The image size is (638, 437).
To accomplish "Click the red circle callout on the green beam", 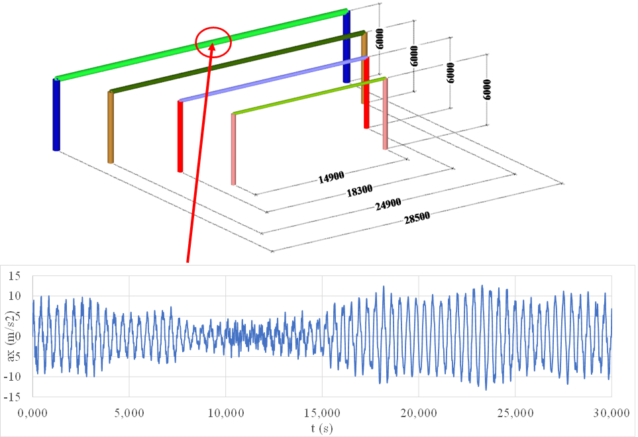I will [213, 42].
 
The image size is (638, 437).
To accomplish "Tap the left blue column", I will [56, 114].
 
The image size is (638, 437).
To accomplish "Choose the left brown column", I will [110, 126].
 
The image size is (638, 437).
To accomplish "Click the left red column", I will [180, 136].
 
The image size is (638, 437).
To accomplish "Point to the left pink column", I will [233, 149].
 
